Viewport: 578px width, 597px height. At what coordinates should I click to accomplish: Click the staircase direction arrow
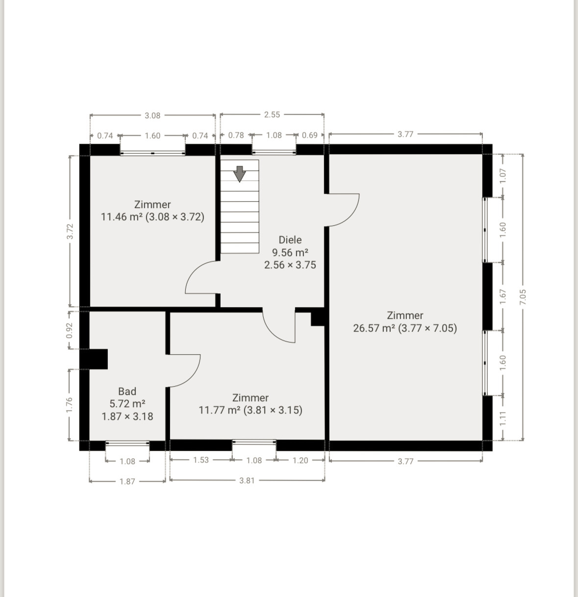pyautogui.click(x=239, y=174)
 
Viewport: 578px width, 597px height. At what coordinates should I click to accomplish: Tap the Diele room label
pyautogui.click(x=290, y=239)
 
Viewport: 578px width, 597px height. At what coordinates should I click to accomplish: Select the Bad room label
pyautogui.click(x=127, y=391)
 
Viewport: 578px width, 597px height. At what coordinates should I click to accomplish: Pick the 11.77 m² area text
pyautogui.click(x=220, y=410)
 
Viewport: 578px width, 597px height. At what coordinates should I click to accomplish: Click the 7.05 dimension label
pyautogui.click(x=523, y=297)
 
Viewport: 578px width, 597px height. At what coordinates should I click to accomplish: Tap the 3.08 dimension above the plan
pyautogui.click(x=152, y=115)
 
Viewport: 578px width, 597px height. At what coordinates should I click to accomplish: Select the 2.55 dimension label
pyautogui.click(x=272, y=114)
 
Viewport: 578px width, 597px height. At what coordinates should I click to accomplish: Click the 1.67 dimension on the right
pyautogui.click(x=503, y=297)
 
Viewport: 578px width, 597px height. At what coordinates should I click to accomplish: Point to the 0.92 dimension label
pyautogui.click(x=70, y=330)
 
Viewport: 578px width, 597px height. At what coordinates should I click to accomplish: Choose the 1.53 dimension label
pyautogui.click(x=201, y=460)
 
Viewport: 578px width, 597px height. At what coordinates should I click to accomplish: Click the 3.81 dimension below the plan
pyautogui.click(x=247, y=480)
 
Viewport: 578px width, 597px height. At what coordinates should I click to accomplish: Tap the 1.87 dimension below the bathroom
pyautogui.click(x=127, y=481)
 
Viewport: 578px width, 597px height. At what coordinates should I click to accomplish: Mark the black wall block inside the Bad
pyautogui.click(x=94, y=359)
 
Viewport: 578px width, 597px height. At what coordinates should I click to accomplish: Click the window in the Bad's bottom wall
pyautogui.click(x=127, y=442)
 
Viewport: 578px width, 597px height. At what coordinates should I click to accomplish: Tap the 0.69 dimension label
pyautogui.click(x=310, y=135)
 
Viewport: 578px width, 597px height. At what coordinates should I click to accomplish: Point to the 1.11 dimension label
pyautogui.click(x=503, y=418)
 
